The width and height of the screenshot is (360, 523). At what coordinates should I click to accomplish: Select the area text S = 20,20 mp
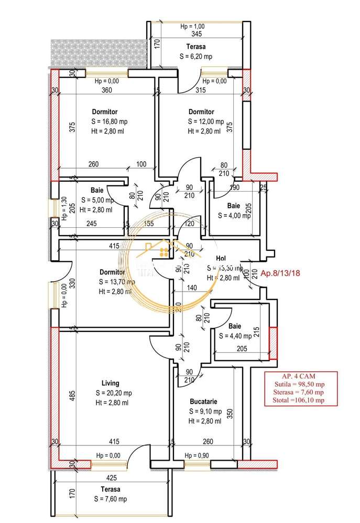[x=114, y=393]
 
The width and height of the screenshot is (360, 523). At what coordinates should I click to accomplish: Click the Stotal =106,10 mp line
[x=301, y=400]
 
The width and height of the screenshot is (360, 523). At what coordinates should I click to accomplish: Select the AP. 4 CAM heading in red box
[x=300, y=376]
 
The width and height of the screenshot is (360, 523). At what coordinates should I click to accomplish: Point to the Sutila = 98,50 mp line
[x=301, y=384]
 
